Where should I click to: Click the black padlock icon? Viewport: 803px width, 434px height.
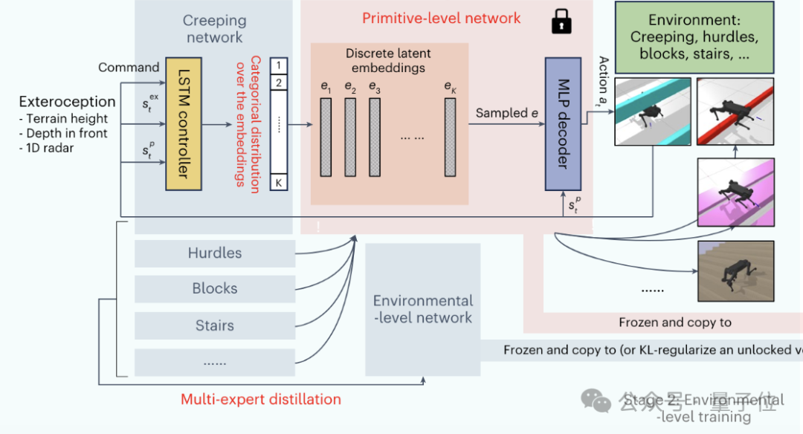pyautogui.click(x=561, y=23)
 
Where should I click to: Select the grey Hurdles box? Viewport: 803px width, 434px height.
pyautogui.click(x=215, y=253)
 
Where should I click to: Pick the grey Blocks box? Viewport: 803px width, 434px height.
pyautogui.click(x=215, y=289)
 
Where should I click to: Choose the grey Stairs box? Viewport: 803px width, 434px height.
pyautogui.click(x=215, y=325)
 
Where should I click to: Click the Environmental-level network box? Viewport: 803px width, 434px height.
pyautogui.click(x=422, y=309)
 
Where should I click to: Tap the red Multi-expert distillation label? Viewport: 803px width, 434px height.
pyautogui.click(x=261, y=399)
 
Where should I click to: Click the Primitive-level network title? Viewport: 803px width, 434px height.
pyautogui.click(x=441, y=18)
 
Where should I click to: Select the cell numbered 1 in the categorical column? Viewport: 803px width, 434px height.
pyautogui.click(x=278, y=66)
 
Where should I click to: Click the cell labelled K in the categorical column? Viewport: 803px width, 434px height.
pyautogui.click(x=278, y=182)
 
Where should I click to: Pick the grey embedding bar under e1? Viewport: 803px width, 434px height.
pyautogui.click(x=326, y=137)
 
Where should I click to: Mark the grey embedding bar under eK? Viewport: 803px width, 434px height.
pyautogui.click(x=450, y=137)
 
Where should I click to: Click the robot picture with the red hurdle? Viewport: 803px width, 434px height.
pyautogui.click(x=735, y=111)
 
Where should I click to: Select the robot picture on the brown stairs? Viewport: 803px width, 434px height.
pyautogui.click(x=735, y=271)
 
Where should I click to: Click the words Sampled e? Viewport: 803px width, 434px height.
pyautogui.click(x=506, y=113)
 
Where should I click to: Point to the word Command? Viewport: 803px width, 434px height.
pyautogui.click(x=129, y=68)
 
